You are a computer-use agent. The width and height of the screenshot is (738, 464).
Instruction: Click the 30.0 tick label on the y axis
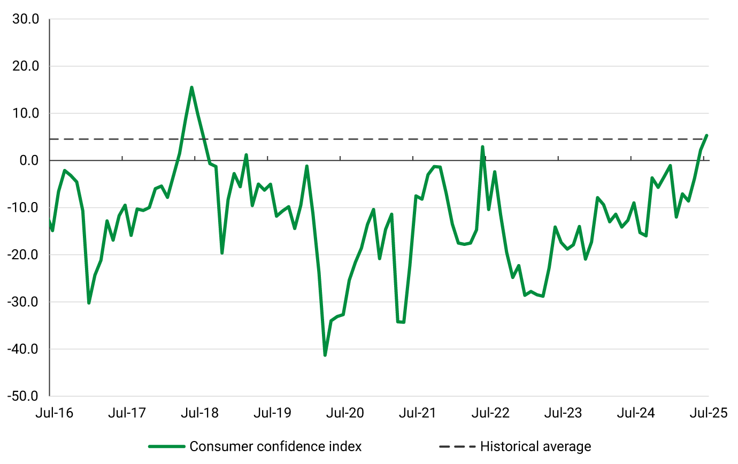pos(26,19)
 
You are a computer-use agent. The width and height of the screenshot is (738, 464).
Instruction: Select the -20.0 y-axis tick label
pos(24,255)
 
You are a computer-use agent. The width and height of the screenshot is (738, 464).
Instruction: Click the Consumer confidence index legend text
pos(275,446)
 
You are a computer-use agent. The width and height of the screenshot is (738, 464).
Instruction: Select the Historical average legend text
pos(535,446)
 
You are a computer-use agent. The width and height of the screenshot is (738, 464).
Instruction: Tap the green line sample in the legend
pos(167,446)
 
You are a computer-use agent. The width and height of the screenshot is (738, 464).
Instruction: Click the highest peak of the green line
pos(191,88)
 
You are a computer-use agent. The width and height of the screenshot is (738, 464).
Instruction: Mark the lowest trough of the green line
pos(325,355)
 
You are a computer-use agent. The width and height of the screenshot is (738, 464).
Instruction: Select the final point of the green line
pos(706,135)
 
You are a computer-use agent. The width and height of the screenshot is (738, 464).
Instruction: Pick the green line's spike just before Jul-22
pos(482,147)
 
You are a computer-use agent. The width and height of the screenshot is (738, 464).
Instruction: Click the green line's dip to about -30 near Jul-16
pos(89,303)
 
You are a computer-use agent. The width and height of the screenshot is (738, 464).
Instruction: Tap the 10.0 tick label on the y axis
pos(26,113)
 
